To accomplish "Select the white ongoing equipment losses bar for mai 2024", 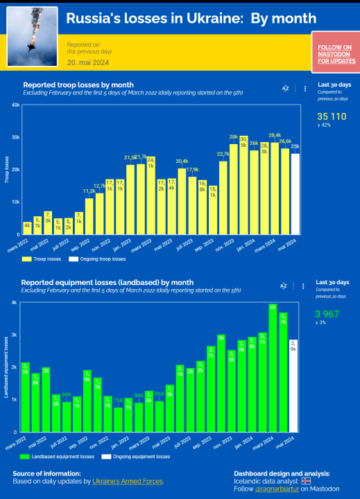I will click(293, 385).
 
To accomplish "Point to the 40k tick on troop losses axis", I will click(15, 105).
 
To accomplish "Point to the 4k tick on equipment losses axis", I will click(15, 303).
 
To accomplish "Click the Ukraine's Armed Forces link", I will click(128, 481).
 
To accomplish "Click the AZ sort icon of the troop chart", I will click(285, 89).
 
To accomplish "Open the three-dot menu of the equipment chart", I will click(305, 286).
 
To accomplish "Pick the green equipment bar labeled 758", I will click(118, 419).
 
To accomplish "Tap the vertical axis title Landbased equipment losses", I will click(6, 367).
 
